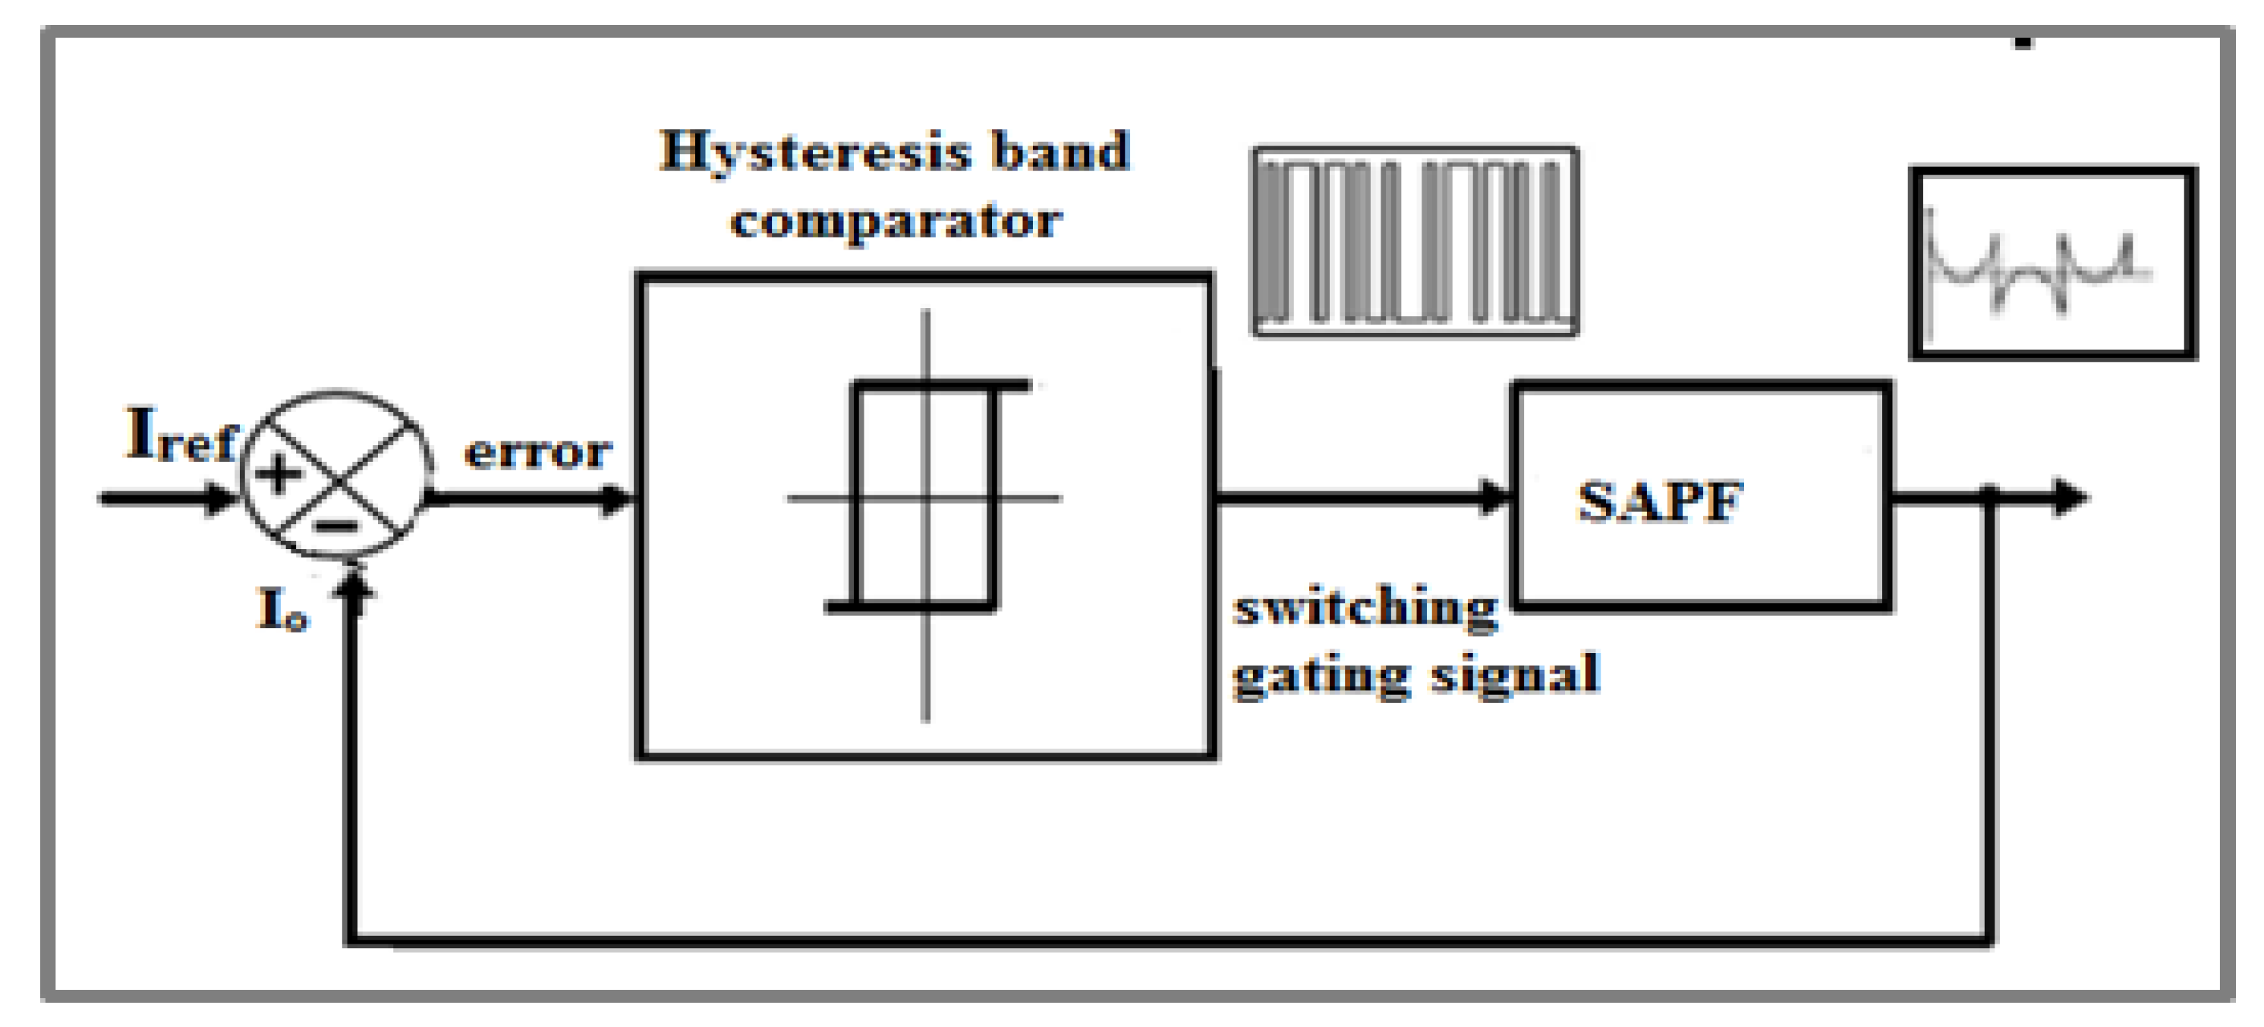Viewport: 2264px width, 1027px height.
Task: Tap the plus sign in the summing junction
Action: click(x=279, y=473)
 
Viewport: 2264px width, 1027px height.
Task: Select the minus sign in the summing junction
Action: click(x=337, y=526)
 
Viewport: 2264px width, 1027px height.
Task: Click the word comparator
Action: click(x=896, y=221)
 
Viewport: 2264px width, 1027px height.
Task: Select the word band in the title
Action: click(x=1061, y=151)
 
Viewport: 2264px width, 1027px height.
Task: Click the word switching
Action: click(x=1365, y=607)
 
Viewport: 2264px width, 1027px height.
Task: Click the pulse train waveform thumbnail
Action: click(x=1415, y=242)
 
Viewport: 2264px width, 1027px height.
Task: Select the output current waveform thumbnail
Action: click(x=2053, y=263)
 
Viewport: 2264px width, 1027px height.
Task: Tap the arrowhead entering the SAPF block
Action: click(x=1494, y=498)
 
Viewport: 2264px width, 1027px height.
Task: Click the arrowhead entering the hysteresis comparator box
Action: click(x=617, y=499)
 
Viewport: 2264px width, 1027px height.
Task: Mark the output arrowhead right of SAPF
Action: click(x=2069, y=498)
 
